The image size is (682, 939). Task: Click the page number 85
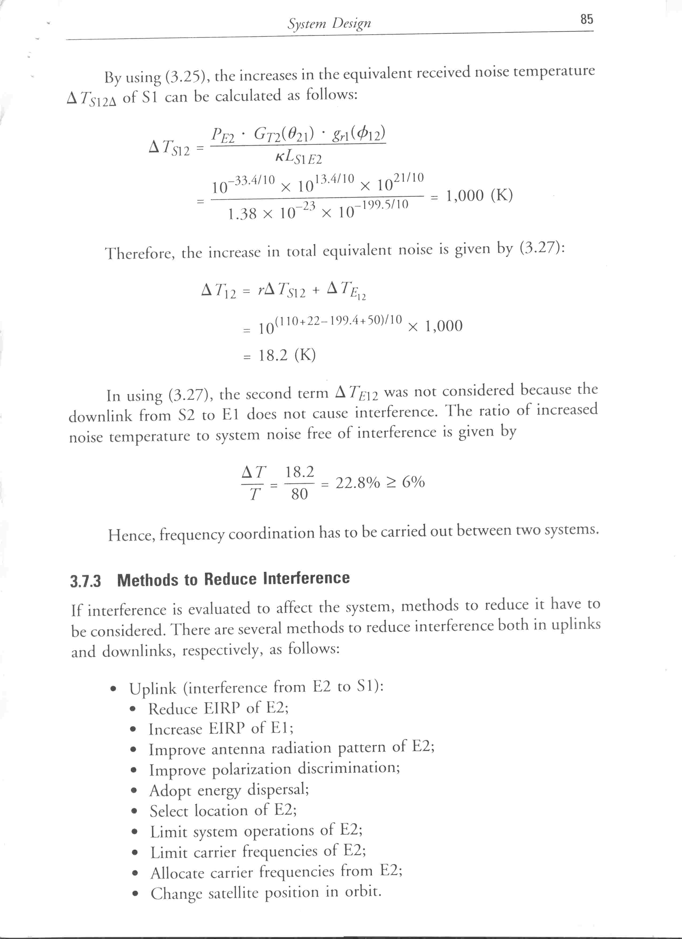point(587,19)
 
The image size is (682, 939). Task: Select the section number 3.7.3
point(85,581)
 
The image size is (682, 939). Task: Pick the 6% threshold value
point(413,482)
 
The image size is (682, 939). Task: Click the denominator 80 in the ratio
point(299,494)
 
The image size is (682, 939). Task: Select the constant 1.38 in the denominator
point(242,214)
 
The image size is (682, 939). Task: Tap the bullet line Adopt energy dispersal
point(229,790)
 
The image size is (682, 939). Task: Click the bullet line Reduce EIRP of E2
point(218,708)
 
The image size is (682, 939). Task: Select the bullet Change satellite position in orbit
point(265,892)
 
